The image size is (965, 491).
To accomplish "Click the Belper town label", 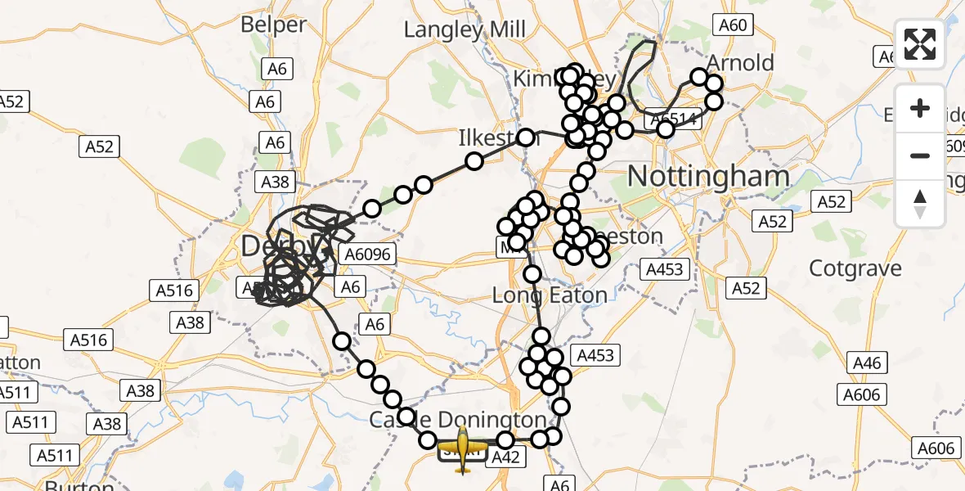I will pyautogui.click(x=273, y=25).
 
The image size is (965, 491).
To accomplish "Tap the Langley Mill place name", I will pyautogui.click(x=465, y=30).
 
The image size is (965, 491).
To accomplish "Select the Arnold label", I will pyautogui.click(x=740, y=63).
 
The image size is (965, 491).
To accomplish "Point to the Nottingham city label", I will pyautogui.click(x=708, y=176).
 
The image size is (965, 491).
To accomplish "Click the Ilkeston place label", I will pyautogui.click(x=489, y=138).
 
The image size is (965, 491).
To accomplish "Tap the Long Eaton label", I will pyautogui.click(x=550, y=295).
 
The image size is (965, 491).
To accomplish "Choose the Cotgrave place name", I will pyautogui.click(x=855, y=268).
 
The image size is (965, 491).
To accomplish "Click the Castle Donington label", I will pyautogui.click(x=458, y=420).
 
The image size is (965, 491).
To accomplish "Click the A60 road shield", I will pyautogui.click(x=732, y=25).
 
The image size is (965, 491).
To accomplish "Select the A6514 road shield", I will pyautogui.click(x=673, y=119).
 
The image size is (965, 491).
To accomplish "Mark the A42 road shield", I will pyautogui.click(x=505, y=459).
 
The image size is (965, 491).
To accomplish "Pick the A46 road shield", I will pyautogui.click(x=867, y=363).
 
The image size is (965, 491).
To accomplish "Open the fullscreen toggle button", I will pyautogui.click(x=920, y=43).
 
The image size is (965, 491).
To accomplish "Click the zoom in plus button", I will pyautogui.click(x=920, y=108).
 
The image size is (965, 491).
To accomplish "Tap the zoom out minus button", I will pyautogui.click(x=920, y=155).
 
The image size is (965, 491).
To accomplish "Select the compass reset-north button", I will pyautogui.click(x=920, y=203).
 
